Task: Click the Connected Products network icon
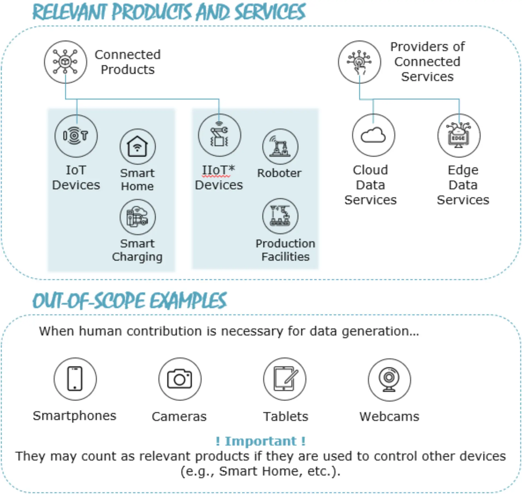[x=65, y=62]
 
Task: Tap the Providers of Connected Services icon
[x=359, y=62]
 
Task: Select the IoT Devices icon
[x=76, y=136]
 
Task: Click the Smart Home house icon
[x=138, y=147]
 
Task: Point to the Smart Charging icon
[x=138, y=217]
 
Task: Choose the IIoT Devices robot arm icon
[x=219, y=135]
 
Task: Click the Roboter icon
[x=280, y=147]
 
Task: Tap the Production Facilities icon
[x=280, y=216]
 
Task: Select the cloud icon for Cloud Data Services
[x=373, y=135]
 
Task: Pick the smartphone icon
[x=75, y=379]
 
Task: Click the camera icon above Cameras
[x=180, y=379]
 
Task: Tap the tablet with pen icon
[x=285, y=379]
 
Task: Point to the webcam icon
[x=389, y=379]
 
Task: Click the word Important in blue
[x=260, y=441]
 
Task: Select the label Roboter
[x=279, y=173]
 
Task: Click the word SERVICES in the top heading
[x=270, y=12]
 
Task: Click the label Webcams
[x=389, y=416]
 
